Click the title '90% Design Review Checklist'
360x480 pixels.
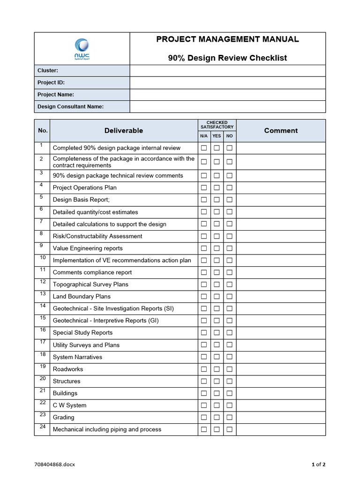[x=227, y=58]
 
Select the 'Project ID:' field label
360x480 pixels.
[x=51, y=82]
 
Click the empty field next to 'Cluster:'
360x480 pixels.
[x=227, y=70]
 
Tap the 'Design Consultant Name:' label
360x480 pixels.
[x=70, y=106]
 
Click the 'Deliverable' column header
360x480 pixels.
[x=124, y=130]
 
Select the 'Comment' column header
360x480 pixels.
[x=281, y=130]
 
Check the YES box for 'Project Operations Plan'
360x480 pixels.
[x=217, y=188]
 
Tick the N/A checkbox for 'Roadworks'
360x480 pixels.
[x=204, y=369]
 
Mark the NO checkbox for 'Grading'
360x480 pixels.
[x=229, y=418]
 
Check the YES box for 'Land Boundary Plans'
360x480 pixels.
[x=217, y=297]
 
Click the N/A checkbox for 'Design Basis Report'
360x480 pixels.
[x=204, y=200]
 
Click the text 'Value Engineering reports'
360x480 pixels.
[x=88, y=248]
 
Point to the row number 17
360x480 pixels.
[x=42, y=343]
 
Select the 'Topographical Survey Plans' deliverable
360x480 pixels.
[x=90, y=285]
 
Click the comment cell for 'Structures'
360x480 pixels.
[x=281, y=382]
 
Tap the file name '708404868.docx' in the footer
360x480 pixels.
[x=55, y=465]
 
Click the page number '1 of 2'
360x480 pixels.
[x=318, y=465]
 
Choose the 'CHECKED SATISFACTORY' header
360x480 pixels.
[x=217, y=125]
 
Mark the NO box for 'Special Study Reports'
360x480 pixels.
[x=229, y=333]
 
